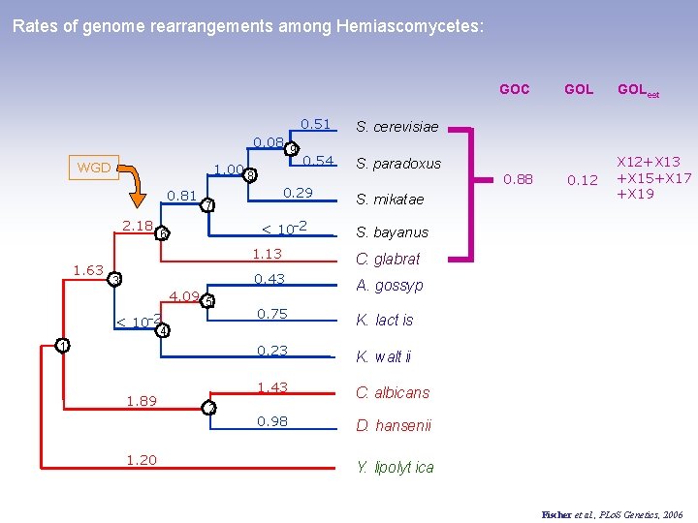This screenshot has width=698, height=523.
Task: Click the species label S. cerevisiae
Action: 397,127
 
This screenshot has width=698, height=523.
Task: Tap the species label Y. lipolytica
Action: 395,467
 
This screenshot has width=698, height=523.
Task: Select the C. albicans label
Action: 392,392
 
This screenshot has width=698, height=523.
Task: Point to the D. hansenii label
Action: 394,426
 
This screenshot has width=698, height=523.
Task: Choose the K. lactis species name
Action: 384,320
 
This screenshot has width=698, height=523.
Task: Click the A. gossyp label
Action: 390,286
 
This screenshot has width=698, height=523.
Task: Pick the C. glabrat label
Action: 388,259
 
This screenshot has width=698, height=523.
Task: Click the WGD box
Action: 93,168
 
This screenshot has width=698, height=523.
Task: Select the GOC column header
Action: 514,90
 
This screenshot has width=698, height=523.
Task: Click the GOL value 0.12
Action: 582,180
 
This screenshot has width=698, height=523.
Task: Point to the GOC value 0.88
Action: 518,179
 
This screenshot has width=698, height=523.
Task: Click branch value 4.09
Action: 183,296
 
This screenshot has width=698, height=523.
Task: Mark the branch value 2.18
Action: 138,226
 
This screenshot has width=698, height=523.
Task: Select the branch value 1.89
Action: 142,401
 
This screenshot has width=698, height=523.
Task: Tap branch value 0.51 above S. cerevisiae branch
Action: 316,124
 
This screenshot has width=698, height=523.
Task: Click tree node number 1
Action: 62,346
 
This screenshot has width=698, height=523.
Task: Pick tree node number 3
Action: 113,280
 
